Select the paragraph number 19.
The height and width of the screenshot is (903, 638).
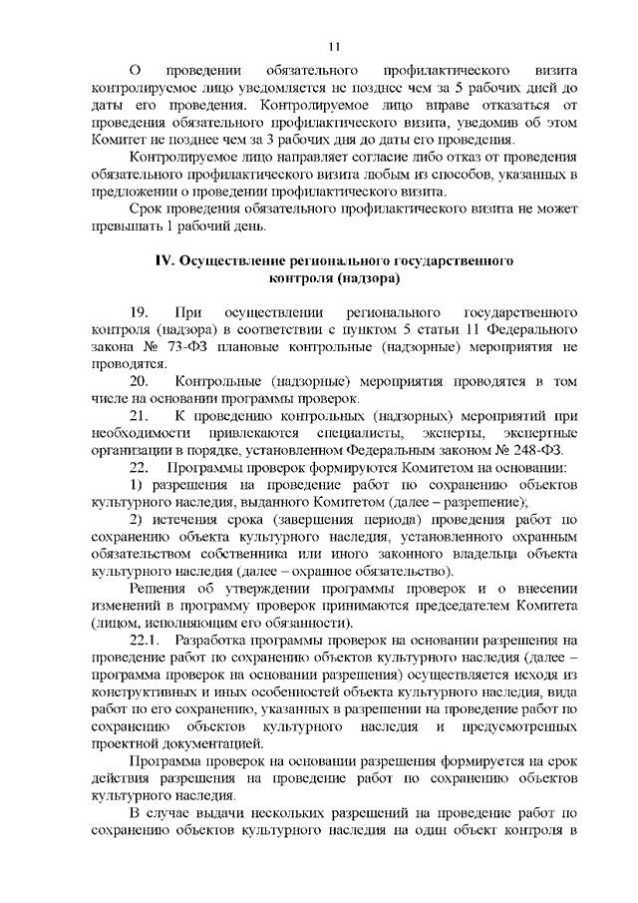click(x=139, y=313)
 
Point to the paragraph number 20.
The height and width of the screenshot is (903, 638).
click(x=139, y=382)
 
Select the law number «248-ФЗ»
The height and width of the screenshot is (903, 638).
click(x=547, y=450)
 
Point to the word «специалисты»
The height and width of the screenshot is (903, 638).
click(x=367, y=433)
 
